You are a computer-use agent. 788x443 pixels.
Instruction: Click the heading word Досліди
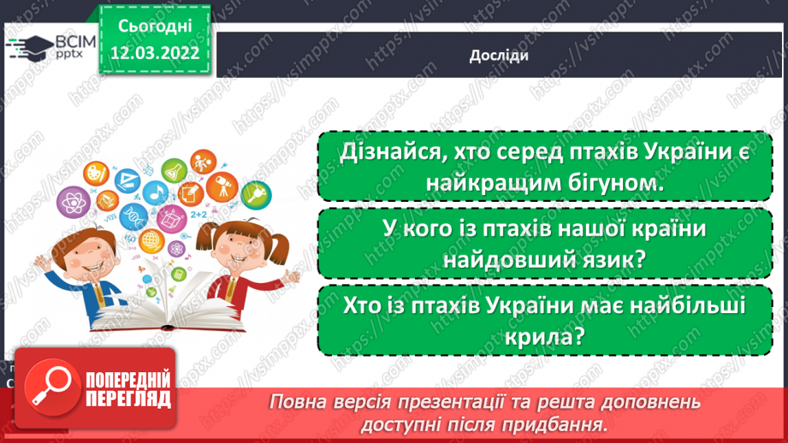coord(499,56)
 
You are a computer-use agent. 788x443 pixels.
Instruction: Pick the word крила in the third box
coord(537,337)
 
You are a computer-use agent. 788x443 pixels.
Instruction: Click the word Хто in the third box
coord(358,306)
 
